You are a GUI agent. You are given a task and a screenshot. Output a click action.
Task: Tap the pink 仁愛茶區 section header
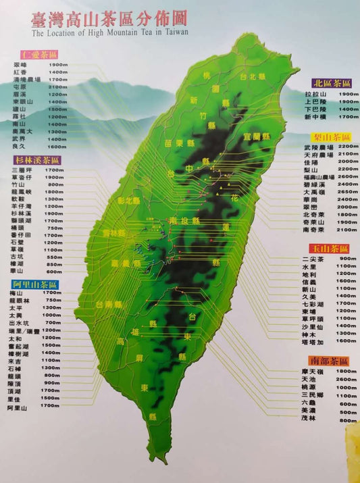click(39, 53)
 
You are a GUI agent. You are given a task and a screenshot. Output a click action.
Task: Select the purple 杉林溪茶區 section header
click(36, 159)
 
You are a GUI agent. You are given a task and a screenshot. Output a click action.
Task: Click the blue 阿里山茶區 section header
click(35, 284)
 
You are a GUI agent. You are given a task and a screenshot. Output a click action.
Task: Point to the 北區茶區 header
click(331, 82)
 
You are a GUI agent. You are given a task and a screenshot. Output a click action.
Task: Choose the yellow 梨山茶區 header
click(330, 136)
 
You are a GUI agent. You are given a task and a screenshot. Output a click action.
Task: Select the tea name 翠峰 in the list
click(19, 64)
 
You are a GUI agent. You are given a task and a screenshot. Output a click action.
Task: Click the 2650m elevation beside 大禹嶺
click(348, 192)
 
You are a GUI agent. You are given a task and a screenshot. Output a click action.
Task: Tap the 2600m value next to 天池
click(348, 380)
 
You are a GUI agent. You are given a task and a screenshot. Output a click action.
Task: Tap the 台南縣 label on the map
click(109, 305)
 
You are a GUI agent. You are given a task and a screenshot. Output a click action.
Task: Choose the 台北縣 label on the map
click(251, 76)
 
